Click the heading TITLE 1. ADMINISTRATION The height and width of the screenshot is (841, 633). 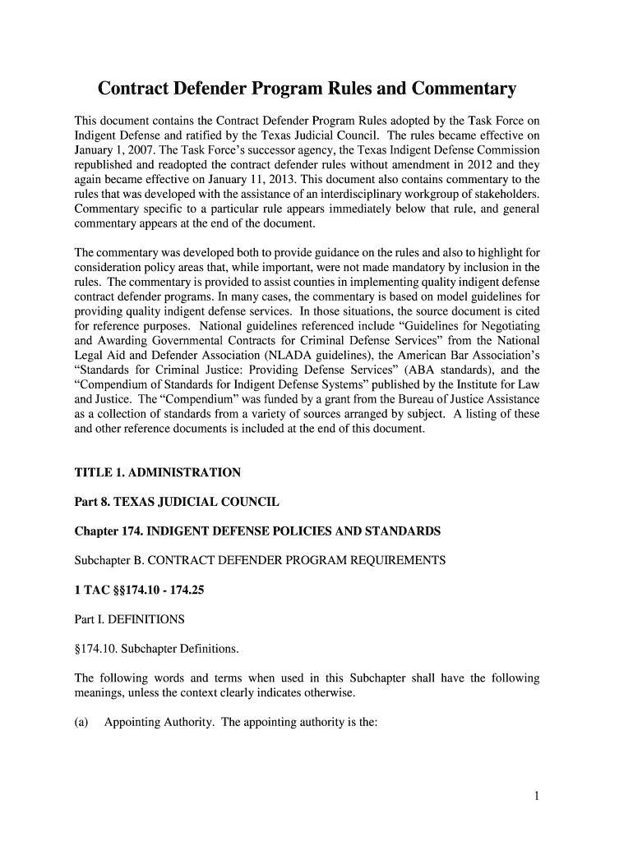(158, 472)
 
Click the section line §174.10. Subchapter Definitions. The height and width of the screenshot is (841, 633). (156, 649)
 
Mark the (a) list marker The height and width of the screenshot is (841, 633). (82, 723)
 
